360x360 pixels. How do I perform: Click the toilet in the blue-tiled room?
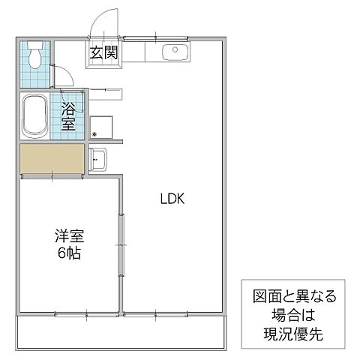[x=34, y=56]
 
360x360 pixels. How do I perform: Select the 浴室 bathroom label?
[x=68, y=116]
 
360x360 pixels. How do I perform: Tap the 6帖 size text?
[x=68, y=253]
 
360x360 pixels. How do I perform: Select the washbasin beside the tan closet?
[x=98, y=159]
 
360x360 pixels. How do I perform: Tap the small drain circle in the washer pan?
[x=94, y=135]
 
